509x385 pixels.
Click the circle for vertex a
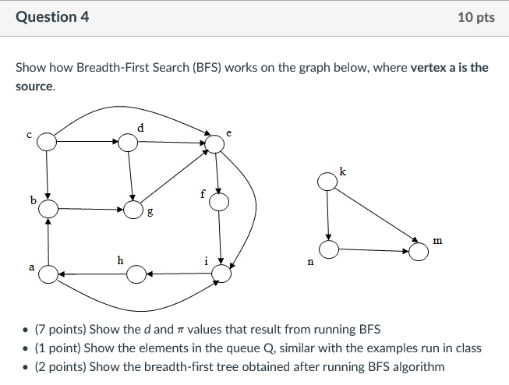(x=48, y=274)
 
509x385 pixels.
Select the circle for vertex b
(x=48, y=209)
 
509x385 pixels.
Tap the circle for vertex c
(x=48, y=142)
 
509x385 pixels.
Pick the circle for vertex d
(x=130, y=142)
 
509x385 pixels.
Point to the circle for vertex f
(x=220, y=203)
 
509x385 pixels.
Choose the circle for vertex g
(x=134, y=209)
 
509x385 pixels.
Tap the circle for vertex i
(x=222, y=274)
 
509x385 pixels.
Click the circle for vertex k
(x=327, y=182)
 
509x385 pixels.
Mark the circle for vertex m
(x=419, y=251)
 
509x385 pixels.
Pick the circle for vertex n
(x=328, y=249)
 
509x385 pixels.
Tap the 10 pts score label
(x=476, y=17)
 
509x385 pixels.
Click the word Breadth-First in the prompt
(x=154, y=67)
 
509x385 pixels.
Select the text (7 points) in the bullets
(x=57, y=330)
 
